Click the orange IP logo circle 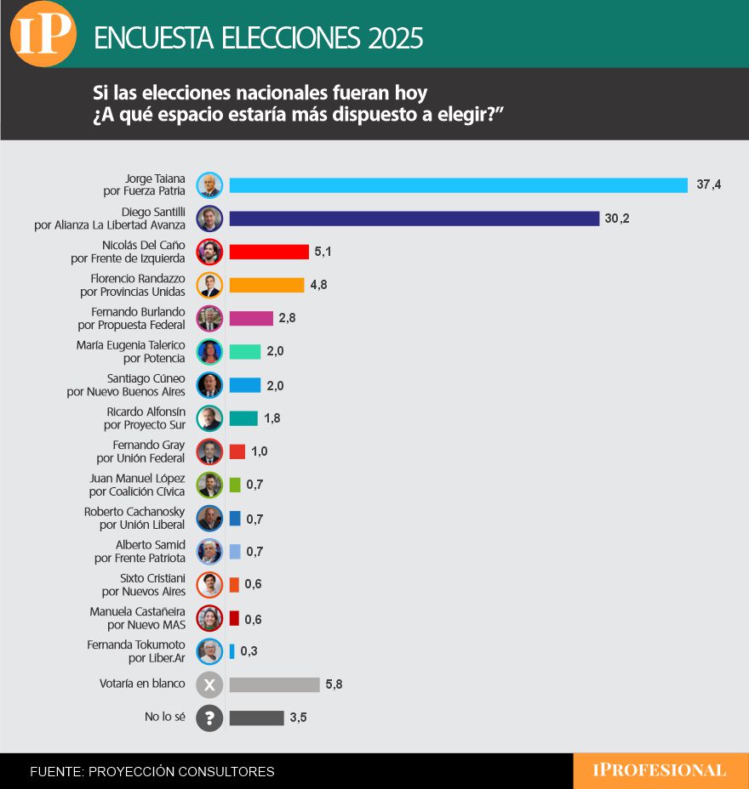43,34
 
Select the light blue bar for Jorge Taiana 458,185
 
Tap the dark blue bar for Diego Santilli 414,219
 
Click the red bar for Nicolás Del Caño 269,252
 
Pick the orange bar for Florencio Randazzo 266,285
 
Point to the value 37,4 708,185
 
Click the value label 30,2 617,219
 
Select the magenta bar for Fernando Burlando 251,318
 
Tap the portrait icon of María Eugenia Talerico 209,351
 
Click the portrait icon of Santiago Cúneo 209,385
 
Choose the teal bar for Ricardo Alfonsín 243,418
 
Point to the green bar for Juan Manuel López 235,485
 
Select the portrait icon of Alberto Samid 209,552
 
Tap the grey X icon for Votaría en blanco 209,684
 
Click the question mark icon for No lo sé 209,718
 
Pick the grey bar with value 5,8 274,684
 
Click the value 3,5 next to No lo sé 298,718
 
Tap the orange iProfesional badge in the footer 660,771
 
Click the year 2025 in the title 396,38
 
